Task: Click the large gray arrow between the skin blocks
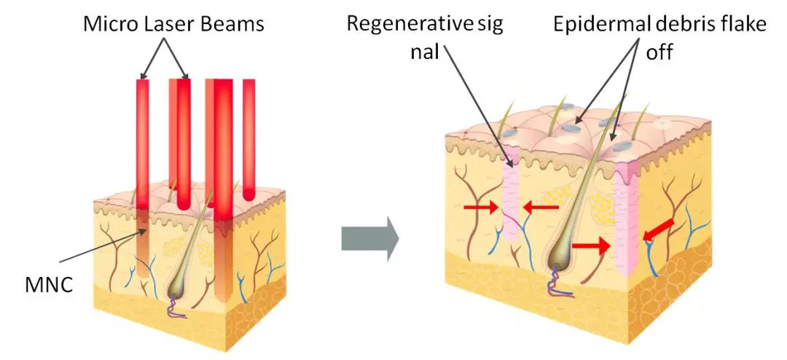[370, 238]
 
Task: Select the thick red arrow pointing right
[591, 246]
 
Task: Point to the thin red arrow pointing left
[541, 207]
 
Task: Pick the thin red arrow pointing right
[481, 207]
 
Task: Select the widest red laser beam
[224, 191]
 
